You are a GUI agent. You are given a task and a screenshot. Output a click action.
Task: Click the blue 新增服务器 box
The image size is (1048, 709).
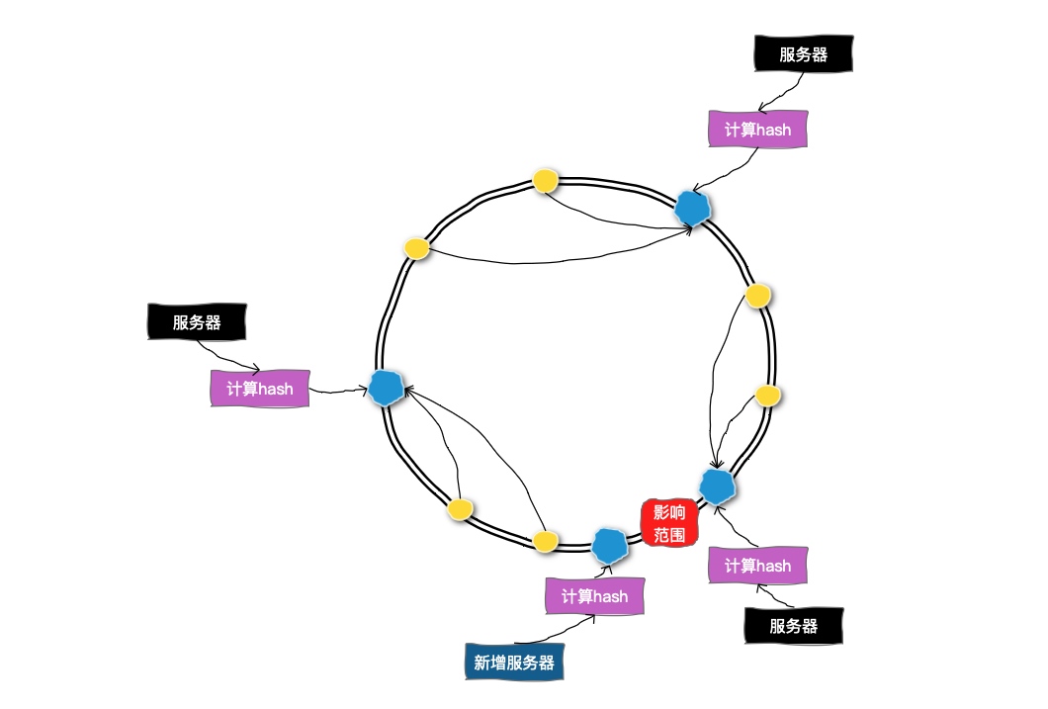pos(514,662)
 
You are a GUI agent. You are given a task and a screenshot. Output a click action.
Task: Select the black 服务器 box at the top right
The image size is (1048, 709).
pos(803,54)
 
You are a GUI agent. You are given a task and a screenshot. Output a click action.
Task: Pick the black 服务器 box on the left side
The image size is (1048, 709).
pos(196,322)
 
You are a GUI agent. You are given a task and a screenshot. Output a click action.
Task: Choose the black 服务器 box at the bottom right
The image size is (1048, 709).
pos(794,626)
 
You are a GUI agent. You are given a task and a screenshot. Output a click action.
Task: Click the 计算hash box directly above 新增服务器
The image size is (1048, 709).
pos(594,596)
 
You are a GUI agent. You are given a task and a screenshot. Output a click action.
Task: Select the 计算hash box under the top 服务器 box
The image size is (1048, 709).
pos(758,130)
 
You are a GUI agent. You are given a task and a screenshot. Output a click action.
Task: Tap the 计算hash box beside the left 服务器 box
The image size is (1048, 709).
pos(260,388)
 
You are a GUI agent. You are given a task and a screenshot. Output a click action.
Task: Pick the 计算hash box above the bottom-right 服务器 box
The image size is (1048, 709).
pos(757,566)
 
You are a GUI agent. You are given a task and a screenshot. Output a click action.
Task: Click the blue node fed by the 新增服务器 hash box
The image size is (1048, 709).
pos(608,544)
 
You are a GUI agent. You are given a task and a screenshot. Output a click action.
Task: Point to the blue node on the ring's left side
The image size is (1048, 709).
pos(386,389)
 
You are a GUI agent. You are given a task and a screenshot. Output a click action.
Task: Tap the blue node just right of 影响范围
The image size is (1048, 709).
pos(716,486)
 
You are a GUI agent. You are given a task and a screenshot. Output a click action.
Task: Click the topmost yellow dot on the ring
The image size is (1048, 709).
pos(546,180)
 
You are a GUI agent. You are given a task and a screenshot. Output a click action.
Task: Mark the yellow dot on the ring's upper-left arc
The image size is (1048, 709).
pos(417,247)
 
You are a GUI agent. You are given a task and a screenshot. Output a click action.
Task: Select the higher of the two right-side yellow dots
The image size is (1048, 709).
pos(757,296)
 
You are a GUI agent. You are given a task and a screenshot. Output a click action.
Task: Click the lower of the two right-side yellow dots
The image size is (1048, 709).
pos(768,396)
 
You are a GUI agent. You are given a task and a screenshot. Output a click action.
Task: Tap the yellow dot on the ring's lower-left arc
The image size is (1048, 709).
pos(459,508)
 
